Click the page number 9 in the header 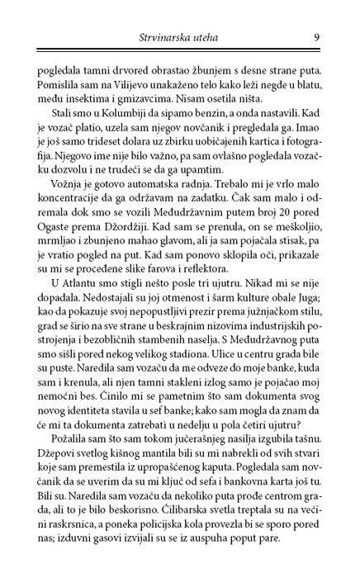click(317, 36)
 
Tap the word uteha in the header click(220, 36)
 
